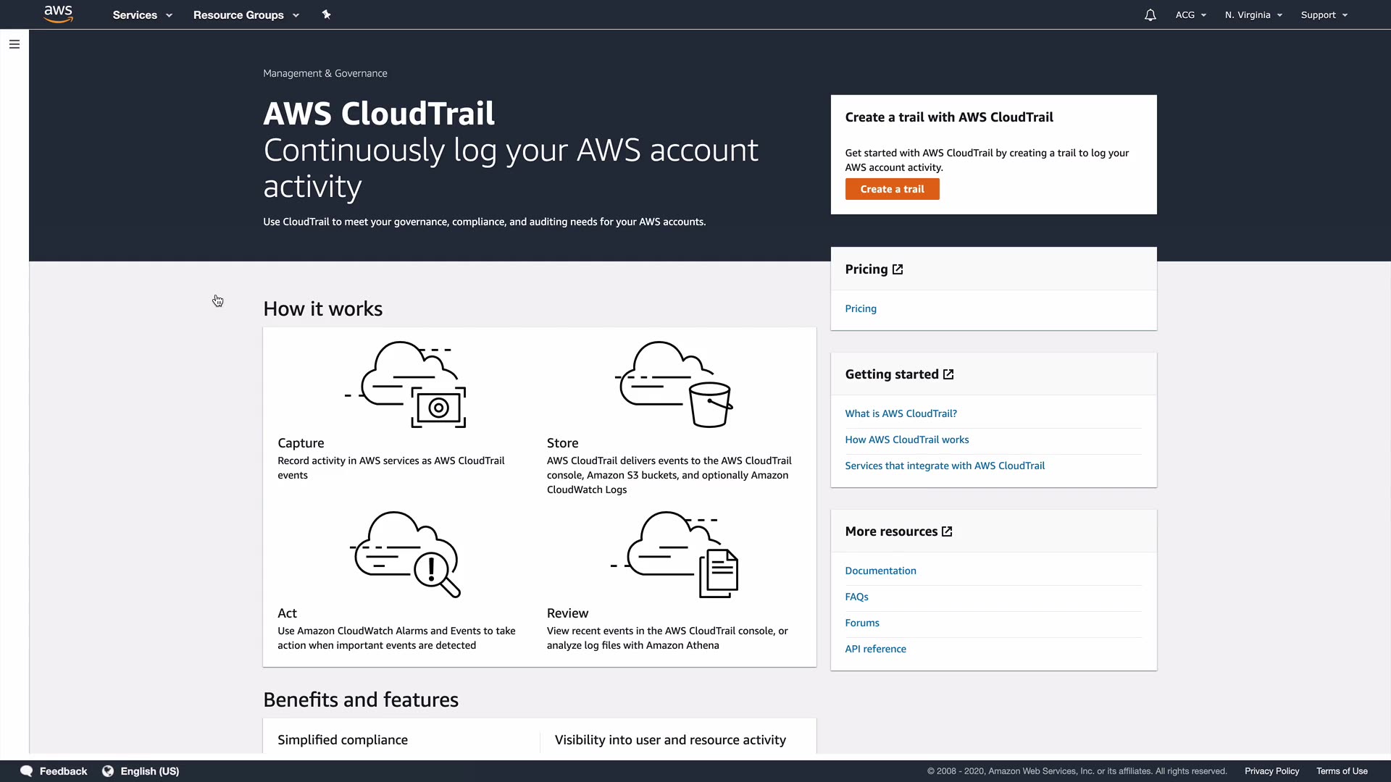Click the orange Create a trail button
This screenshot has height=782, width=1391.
click(x=892, y=189)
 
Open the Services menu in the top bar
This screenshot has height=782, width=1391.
click(x=142, y=14)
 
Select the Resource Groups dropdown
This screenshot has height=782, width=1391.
click(x=246, y=14)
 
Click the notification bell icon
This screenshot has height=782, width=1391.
click(x=1150, y=14)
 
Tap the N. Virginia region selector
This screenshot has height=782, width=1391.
click(x=1253, y=14)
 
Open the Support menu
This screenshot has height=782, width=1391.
click(x=1324, y=14)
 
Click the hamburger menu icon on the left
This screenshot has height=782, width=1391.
click(x=14, y=44)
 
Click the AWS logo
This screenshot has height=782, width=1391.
click(x=59, y=14)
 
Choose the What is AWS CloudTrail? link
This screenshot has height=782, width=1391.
click(x=901, y=413)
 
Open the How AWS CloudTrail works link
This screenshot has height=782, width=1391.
click(x=906, y=440)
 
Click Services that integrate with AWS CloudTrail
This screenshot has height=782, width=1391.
click(x=945, y=466)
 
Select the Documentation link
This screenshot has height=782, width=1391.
click(x=880, y=571)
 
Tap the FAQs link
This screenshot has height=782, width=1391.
click(x=856, y=597)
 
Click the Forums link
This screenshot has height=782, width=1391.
click(x=862, y=623)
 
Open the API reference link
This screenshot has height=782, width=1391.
click(x=875, y=649)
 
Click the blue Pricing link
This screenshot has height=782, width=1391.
click(x=861, y=308)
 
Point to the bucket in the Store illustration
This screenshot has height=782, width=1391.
click(x=710, y=405)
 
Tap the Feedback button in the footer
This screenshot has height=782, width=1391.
click(x=54, y=771)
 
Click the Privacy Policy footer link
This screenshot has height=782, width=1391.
click(x=1271, y=771)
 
